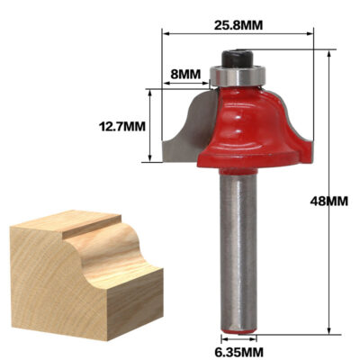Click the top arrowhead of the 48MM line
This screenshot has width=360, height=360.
331,52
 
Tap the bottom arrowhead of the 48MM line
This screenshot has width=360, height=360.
331,332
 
